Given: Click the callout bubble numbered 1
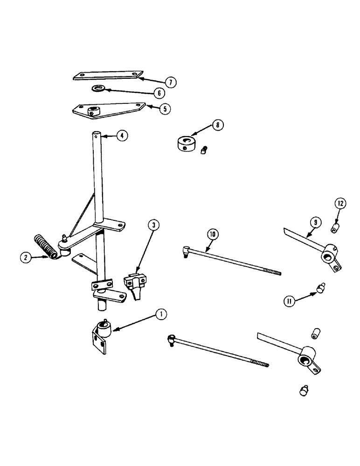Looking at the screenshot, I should (160, 315).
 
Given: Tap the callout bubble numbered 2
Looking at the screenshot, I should (26, 257).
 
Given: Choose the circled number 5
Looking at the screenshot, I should (164, 109).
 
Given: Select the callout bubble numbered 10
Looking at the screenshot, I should (212, 235).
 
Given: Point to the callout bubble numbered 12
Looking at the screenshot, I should (340, 203).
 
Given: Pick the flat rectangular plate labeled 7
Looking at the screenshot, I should (107, 75).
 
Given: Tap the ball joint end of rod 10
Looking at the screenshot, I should (186, 252).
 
